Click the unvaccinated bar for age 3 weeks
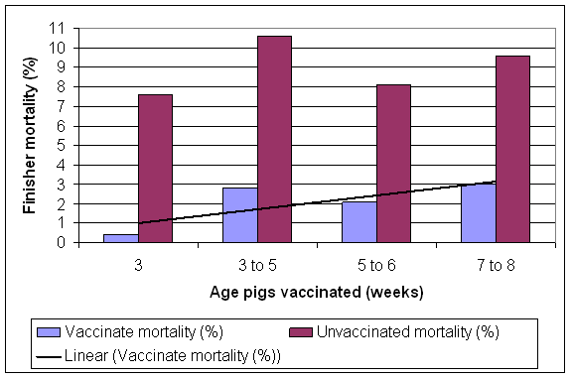point(155,169)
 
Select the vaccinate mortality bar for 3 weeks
point(120,238)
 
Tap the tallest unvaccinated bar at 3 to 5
point(274,139)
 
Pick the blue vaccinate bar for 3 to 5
point(239,214)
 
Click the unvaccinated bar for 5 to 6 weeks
point(393,164)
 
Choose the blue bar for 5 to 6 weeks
point(358,221)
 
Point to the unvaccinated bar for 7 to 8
point(512,149)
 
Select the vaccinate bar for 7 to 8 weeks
point(478,212)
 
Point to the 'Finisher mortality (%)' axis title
point(30,136)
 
